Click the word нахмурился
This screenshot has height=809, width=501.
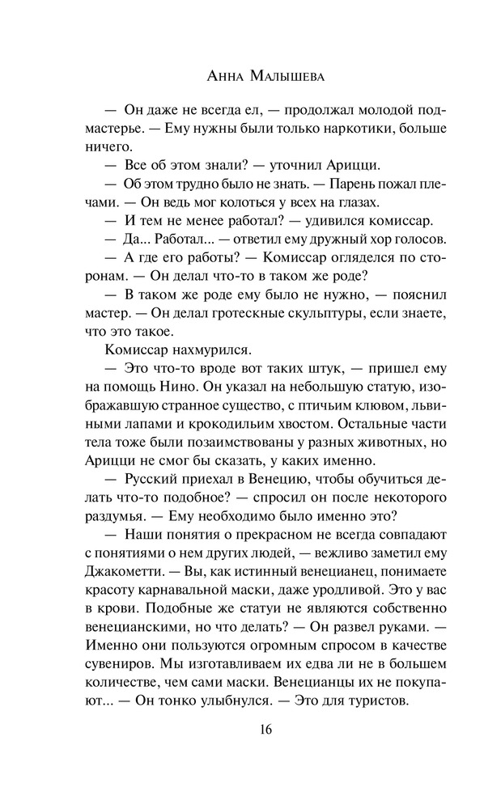tap(193, 350)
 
